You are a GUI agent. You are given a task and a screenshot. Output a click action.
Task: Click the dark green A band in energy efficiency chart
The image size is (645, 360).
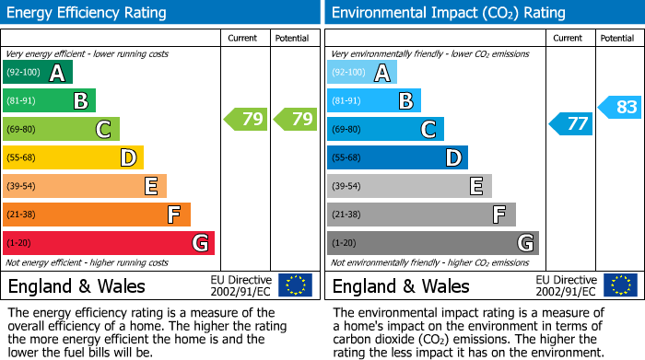[38, 72]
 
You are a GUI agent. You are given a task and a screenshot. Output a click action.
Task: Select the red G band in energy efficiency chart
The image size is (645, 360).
[108, 243]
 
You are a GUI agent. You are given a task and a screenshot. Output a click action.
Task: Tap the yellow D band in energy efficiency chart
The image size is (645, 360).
[73, 157]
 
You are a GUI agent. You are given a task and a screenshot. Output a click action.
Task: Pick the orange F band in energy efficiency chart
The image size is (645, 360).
[96, 215]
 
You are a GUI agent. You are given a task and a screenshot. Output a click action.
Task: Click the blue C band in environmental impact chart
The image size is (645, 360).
[385, 129]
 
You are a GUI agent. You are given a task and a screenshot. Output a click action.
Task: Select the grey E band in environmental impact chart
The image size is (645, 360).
[409, 186]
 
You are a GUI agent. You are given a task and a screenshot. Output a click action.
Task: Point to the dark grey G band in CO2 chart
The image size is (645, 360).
[432, 243]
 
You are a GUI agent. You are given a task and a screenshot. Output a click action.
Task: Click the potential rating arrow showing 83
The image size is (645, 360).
[619, 107]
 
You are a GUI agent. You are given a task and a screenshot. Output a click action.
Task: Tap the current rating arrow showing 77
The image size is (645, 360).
[570, 123]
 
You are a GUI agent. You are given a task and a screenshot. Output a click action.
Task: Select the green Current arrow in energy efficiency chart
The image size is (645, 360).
[245, 119]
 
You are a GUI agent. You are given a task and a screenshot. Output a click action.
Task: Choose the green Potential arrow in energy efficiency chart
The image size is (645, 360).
[294, 119]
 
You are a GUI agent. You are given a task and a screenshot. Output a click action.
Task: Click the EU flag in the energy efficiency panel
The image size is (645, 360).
[295, 285]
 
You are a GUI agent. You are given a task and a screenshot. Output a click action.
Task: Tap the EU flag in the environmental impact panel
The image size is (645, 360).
[620, 285]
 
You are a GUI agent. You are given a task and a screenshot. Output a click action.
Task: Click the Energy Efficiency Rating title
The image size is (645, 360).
[88, 13]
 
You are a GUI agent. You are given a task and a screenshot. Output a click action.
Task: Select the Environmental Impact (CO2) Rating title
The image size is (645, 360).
[448, 13]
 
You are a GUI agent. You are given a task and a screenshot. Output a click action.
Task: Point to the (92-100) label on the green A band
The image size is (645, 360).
[23, 72]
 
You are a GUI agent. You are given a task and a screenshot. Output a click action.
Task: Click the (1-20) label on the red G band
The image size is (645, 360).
[18, 243]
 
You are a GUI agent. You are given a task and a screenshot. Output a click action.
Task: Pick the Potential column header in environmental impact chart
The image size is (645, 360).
[617, 38]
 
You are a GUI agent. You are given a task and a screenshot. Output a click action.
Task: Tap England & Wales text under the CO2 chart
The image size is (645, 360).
[401, 285]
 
